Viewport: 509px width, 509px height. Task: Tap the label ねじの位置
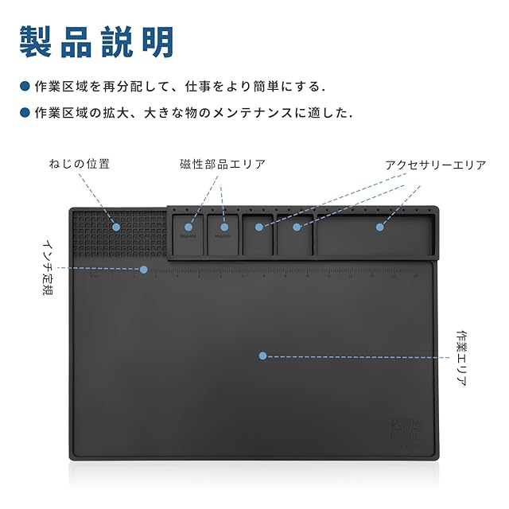[80, 164]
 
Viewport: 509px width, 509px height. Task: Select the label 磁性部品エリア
[223, 164]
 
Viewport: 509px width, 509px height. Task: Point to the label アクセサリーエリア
[435, 165]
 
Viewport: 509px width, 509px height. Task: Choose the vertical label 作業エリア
[462, 358]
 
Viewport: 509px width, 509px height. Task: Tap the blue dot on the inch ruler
[144, 270]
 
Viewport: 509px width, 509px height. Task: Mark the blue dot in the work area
[262, 356]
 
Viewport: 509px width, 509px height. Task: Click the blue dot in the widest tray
[379, 227]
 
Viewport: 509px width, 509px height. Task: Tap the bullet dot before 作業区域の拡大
[24, 113]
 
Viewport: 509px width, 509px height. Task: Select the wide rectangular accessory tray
[375, 235]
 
